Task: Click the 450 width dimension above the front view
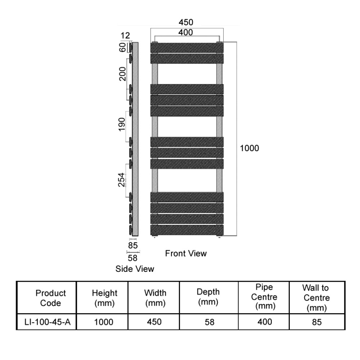click(186, 22)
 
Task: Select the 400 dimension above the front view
click(185, 32)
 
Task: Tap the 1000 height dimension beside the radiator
click(249, 148)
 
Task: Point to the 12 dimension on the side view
click(125, 36)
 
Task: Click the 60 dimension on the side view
click(123, 48)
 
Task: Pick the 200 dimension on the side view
click(122, 74)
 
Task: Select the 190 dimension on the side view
click(121, 124)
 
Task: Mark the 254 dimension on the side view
click(121, 180)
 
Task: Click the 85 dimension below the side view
click(133, 245)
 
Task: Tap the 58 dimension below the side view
click(132, 258)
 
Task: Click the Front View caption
click(186, 253)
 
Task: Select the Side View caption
click(135, 269)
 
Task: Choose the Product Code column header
click(50, 298)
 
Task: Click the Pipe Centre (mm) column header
click(264, 297)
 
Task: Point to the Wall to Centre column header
click(316, 298)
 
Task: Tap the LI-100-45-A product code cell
click(47, 322)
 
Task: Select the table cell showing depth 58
click(209, 322)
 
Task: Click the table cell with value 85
click(317, 322)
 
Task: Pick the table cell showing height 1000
click(103, 322)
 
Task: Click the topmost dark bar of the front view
click(187, 48)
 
